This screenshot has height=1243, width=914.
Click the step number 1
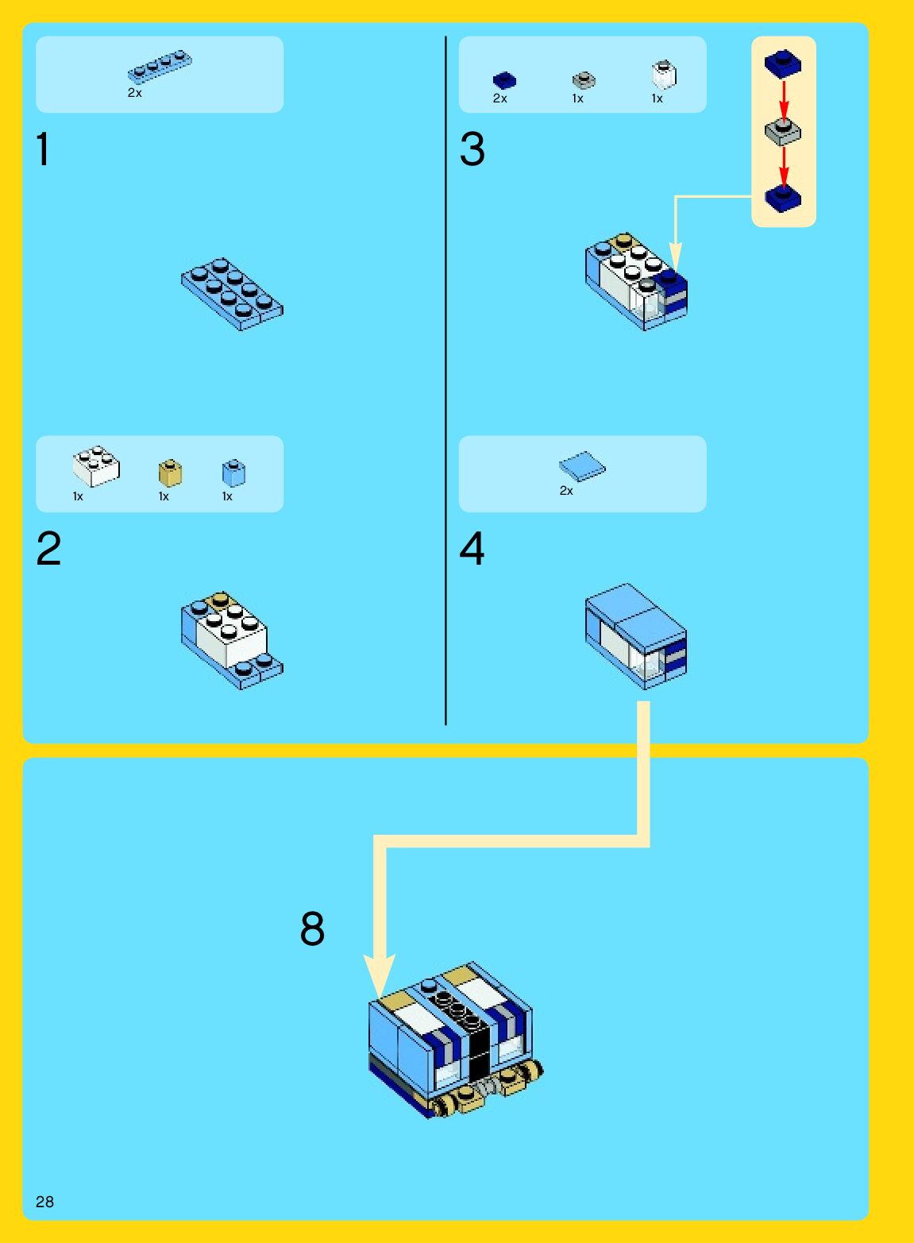point(43,149)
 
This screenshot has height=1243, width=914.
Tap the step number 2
point(48,549)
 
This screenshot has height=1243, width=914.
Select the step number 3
point(472,149)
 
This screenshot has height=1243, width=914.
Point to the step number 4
point(472,549)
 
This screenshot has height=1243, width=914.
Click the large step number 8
point(312,928)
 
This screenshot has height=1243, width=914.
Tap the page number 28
point(44,1201)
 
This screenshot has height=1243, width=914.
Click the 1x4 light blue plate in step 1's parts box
point(160,67)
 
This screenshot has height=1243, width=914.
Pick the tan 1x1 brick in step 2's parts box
point(170,473)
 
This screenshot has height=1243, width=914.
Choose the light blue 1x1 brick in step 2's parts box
point(233,473)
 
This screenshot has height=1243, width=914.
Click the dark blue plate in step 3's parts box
point(504,80)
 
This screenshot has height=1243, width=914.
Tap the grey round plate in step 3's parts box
point(584,80)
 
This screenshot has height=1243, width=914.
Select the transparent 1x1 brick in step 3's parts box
point(664,75)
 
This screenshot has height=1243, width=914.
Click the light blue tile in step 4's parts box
point(582,466)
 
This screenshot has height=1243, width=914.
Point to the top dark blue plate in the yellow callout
point(783,64)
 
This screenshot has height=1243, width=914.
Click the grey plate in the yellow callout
point(783,131)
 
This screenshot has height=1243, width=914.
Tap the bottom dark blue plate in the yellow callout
point(783,197)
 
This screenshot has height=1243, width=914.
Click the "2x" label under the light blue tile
point(566,491)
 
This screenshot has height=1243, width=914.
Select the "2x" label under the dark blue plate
point(499,98)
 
